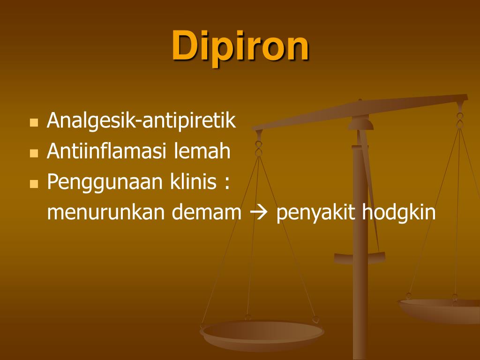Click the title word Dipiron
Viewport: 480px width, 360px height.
pos(240,46)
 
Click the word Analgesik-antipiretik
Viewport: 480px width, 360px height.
pos(141,121)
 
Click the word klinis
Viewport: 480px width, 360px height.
pos(192,182)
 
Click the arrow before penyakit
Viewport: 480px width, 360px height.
pos(258,213)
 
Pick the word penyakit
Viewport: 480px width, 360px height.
pos(316,213)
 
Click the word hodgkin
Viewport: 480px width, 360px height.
pos(399,213)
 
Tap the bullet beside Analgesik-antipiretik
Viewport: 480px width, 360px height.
pos(33,123)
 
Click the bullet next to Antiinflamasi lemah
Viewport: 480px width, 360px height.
pos(33,153)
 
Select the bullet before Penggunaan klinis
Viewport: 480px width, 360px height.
pos(33,184)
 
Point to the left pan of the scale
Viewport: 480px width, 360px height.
pos(262,334)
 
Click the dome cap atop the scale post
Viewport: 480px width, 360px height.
pos(360,123)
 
